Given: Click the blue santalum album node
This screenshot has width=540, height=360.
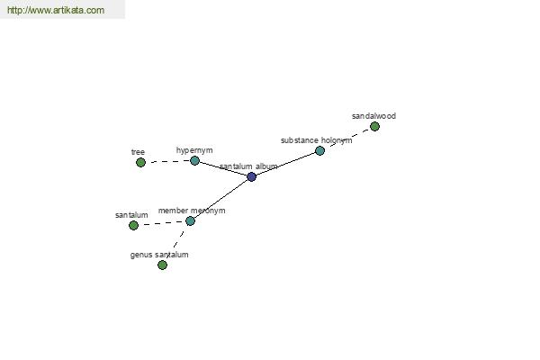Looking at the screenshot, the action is pos(252,176).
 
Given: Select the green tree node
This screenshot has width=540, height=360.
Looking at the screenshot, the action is pos(140,162).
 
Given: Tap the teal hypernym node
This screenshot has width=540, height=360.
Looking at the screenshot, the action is pos(194,160).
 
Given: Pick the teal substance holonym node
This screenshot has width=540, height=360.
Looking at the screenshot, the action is pos(319,150).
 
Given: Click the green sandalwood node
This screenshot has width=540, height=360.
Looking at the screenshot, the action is pos(374,126).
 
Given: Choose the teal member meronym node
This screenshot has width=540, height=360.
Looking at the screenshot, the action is pos(191,220).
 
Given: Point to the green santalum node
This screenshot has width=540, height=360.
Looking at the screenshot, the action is pos(133,225).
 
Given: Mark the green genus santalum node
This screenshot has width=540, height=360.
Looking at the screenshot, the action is pos(162,265).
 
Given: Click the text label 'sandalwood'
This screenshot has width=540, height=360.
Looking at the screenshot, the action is pos(373,116).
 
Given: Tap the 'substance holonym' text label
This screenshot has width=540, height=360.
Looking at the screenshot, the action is pos(316,140).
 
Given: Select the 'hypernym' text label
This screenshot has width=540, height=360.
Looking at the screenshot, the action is pos(194,150).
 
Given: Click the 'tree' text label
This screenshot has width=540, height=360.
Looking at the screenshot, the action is pos(138,152).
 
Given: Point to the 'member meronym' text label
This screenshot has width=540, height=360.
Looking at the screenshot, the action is pos(192,211).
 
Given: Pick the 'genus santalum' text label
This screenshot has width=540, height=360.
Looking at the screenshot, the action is pos(159,255).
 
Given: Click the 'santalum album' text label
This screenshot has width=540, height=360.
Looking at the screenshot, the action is pos(248,166).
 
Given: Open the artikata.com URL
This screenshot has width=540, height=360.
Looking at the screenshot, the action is pos(56,10).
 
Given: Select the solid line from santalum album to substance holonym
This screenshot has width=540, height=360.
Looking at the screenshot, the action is pos(286,164).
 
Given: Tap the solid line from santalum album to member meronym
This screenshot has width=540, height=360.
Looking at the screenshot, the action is pos(221,199).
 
